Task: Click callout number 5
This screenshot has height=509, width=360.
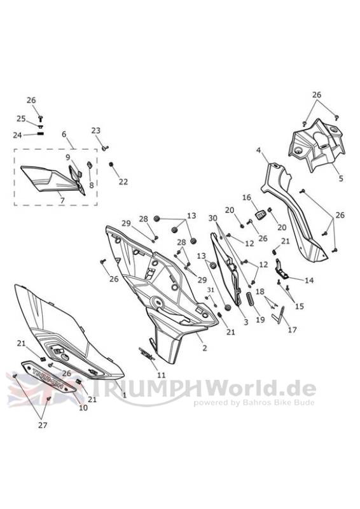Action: click(340, 178)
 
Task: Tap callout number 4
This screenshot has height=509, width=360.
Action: click(258, 150)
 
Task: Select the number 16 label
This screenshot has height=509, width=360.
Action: click(247, 197)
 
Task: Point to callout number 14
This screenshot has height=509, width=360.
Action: click(309, 280)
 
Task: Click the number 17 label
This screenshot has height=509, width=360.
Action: click(292, 330)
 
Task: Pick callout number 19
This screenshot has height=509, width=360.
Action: click(260, 319)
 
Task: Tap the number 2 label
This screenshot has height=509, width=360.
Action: click(205, 348)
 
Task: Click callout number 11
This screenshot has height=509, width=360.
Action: click(162, 375)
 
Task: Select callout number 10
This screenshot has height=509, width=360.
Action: click(83, 407)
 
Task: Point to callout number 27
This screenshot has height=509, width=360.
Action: click(43, 425)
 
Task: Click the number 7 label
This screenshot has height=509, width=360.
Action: click(62, 200)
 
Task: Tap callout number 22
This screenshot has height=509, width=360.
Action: click(123, 182)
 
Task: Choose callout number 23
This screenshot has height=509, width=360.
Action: click(96, 130)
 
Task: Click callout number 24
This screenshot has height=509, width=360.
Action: click(17, 135)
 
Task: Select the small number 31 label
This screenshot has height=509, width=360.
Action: click(211, 289)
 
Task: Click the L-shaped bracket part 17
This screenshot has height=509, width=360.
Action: click(279, 316)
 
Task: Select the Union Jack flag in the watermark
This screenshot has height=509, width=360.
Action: click(41, 389)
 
